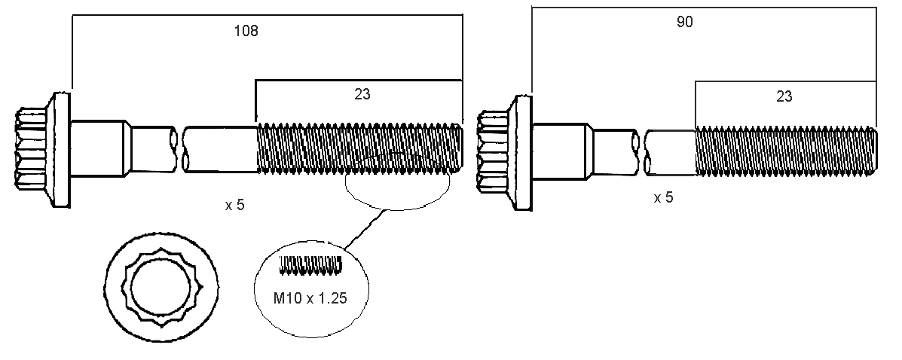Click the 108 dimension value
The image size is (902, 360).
click(x=246, y=31)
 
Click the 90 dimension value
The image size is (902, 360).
click(x=684, y=22)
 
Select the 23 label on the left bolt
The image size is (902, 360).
click(x=362, y=94)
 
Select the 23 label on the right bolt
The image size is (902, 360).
click(x=784, y=96)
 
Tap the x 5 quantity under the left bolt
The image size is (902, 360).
click(x=234, y=205)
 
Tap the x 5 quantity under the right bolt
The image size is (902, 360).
click(x=663, y=198)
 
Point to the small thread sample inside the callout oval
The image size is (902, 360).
click(x=310, y=263)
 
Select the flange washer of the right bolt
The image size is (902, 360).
click(x=522, y=151)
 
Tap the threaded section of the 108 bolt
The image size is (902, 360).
click(x=359, y=147)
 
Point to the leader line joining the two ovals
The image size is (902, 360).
click(x=365, y=228)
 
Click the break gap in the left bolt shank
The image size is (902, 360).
click(x=181, y=148)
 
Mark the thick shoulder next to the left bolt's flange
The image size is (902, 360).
click(x=98, y=147)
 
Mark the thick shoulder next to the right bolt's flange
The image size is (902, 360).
click(x=561, y=151)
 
